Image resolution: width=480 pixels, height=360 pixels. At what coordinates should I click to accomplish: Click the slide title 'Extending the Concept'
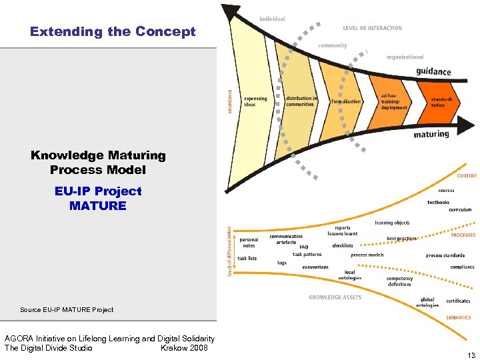click(x=113, y=31)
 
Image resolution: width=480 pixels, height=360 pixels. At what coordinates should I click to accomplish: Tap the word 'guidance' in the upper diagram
click(x=433, y=71)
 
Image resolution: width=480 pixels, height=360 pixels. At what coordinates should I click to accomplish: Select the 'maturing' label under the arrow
click(x=431, y=133)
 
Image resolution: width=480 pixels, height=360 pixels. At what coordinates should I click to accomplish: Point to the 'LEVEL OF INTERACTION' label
click(x=373, y=28)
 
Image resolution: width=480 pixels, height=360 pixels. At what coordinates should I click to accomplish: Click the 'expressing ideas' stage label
click(x=255, y=101)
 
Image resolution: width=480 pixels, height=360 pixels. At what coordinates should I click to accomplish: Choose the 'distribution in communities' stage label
click(x=301, y=101)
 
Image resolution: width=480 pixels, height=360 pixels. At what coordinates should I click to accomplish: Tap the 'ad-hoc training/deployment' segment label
click(x=394, y=101)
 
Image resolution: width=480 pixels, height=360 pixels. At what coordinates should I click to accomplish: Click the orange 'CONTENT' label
click(x=466, y=175)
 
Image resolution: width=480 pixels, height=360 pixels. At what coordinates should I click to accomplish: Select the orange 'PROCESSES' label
click(x=463, y=235)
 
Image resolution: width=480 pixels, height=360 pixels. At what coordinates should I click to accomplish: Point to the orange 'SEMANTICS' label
click(x=458, y=317)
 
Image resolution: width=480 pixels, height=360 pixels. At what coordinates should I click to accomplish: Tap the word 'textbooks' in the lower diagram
click(x=438, y=202)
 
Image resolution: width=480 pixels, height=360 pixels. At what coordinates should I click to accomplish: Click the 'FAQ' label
click(x=303, y=247)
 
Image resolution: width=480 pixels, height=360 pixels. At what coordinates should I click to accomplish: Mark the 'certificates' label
click(x=458, y=301)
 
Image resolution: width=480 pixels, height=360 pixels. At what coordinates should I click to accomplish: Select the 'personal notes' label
click(x=249, y=243)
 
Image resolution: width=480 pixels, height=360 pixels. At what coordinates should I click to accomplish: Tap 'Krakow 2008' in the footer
click(x=184, y=348)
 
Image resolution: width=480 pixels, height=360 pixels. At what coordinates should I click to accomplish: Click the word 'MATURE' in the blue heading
click(x=97, y=205)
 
